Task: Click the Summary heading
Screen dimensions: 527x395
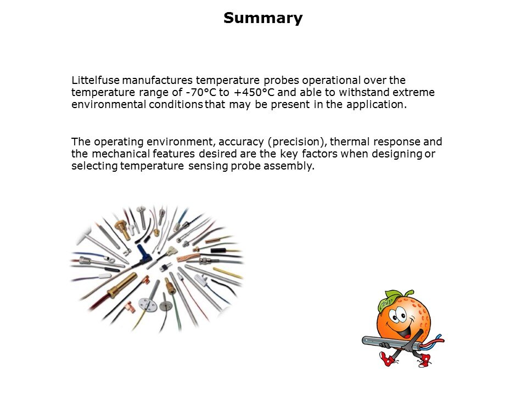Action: coord(263,18)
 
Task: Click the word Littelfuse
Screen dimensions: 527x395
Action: coord(96,80)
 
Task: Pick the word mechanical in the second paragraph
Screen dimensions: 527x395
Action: coord(121,154)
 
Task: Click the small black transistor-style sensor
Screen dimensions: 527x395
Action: coord(164,267)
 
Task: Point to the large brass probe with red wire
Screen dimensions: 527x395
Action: coord(122,285)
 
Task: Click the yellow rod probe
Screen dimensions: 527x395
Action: coord(227,273)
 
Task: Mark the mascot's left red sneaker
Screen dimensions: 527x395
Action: coord(388,359)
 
